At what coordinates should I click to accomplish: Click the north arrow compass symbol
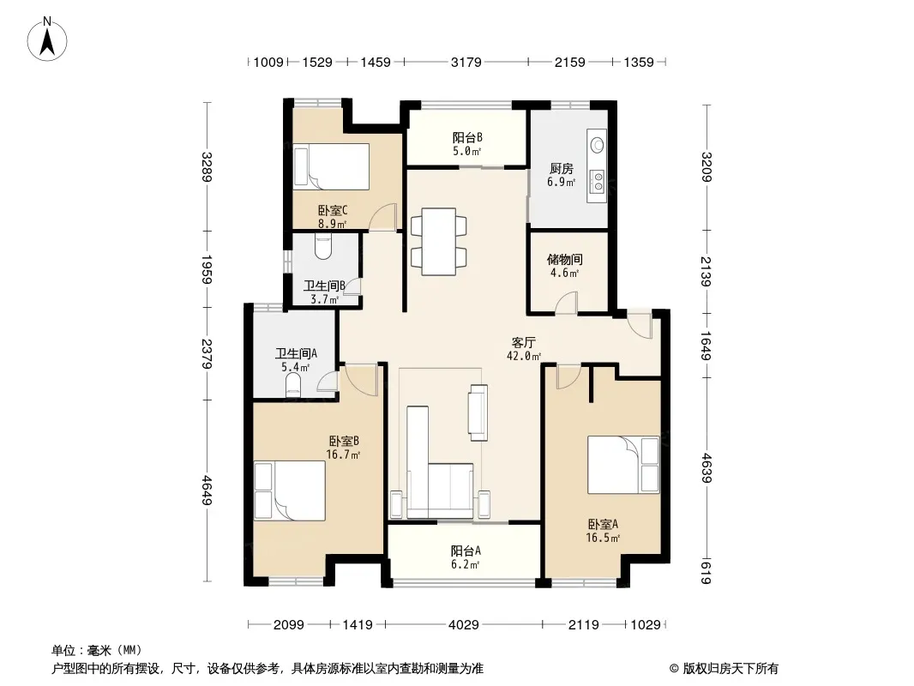47,39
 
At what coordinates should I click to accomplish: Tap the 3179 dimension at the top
466,62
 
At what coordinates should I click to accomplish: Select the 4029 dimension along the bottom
463,625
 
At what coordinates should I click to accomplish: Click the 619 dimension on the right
706,571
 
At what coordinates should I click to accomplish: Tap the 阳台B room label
467,137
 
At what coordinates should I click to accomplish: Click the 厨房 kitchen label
562,168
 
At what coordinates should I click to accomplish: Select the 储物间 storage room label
565,259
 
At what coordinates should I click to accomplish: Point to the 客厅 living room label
524,342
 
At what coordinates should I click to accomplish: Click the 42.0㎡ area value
524,356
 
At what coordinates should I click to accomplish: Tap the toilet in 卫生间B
322,247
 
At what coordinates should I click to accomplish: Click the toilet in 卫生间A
293,385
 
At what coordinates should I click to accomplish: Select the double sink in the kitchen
598,181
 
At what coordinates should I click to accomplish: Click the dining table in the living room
438,241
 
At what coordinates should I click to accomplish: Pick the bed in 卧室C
331,166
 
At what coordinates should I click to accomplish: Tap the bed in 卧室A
623,465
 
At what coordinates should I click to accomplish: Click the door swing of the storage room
565,303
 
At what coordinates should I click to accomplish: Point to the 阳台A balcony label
466,551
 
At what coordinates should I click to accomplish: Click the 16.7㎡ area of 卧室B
343,454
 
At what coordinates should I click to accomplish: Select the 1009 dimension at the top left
268,62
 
